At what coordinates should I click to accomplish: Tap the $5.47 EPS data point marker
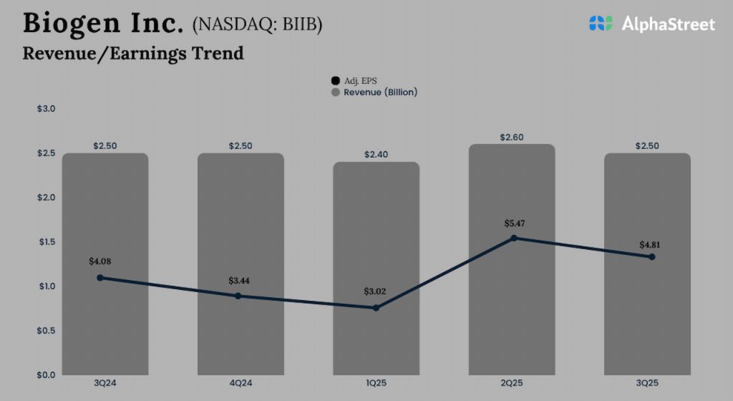click(513, 238)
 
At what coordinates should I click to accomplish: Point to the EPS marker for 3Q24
click(99, 277)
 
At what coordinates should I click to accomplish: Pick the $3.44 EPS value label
click(239, 280)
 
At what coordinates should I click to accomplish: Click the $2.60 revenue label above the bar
click(512, 137)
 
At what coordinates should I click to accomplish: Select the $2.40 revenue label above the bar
click(376, 155)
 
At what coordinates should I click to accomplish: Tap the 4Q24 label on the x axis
click(241, 383)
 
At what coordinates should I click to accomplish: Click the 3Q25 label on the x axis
click(647, 383)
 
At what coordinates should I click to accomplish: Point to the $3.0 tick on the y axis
click(46, 109)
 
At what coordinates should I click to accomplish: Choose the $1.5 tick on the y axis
click(46, 242)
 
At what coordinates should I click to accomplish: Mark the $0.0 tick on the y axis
click(46, 375)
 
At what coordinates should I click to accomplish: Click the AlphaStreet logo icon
click(601, 24)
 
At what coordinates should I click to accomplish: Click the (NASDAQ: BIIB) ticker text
click(257, 25)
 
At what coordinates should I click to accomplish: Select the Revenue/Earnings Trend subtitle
click(133, 53)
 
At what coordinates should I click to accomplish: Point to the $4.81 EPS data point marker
click(651, 256)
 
